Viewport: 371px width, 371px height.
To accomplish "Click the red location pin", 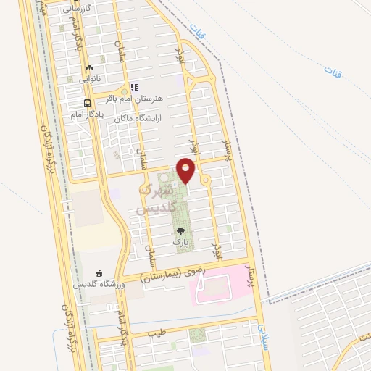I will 187,170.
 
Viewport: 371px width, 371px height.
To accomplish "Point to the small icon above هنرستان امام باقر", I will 134,87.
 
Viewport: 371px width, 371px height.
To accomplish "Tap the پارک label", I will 180,243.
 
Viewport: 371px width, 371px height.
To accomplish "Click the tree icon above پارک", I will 180,232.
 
